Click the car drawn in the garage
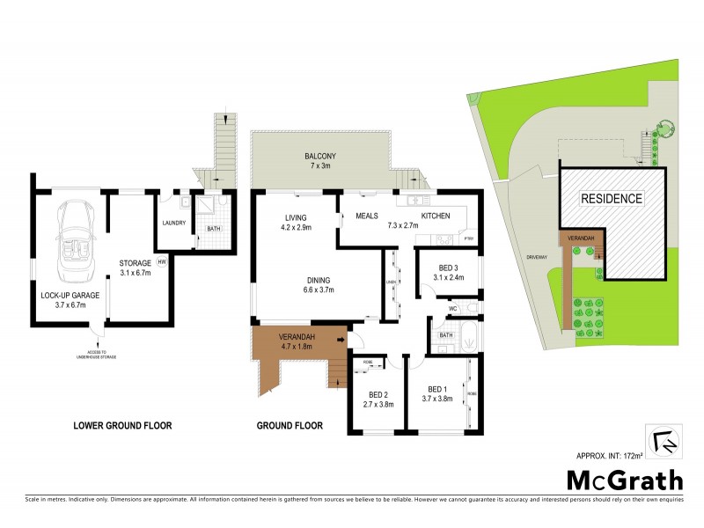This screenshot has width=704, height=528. click(72, 240)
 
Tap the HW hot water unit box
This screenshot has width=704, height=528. click(161, 262)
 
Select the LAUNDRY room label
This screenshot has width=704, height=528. click(173, 223)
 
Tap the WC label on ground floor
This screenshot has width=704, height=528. click(451, 309)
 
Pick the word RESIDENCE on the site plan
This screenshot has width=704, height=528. click(611, 199)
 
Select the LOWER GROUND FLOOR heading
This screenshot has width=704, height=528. click(121, 426)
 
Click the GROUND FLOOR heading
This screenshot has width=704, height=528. click(290, 426)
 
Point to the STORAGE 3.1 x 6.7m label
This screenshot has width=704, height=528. click(136, 267)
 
